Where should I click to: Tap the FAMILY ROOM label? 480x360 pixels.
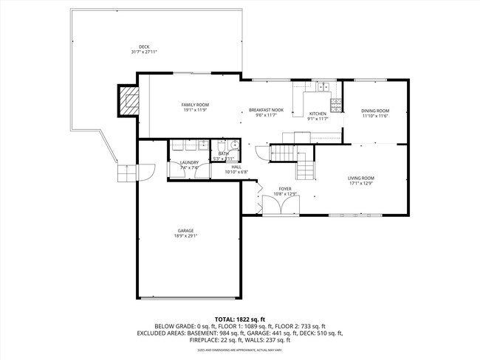coord(196,105)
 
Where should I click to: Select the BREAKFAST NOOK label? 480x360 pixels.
coord(266,109)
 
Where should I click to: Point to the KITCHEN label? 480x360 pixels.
coord(318,114)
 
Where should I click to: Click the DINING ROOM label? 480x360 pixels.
coord(374,111)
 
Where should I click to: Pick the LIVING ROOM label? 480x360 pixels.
coord(361,178)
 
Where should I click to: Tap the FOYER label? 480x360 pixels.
coord(285,189)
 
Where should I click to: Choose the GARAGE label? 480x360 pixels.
coord(185,230)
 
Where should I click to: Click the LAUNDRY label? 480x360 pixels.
coord(190,162)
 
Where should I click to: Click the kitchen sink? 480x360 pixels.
coord(323,86)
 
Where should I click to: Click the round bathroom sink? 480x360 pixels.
coord(231,145)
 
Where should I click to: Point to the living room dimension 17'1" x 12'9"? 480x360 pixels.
coord(361,183)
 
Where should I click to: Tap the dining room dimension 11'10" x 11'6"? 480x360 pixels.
coord(374,116)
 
